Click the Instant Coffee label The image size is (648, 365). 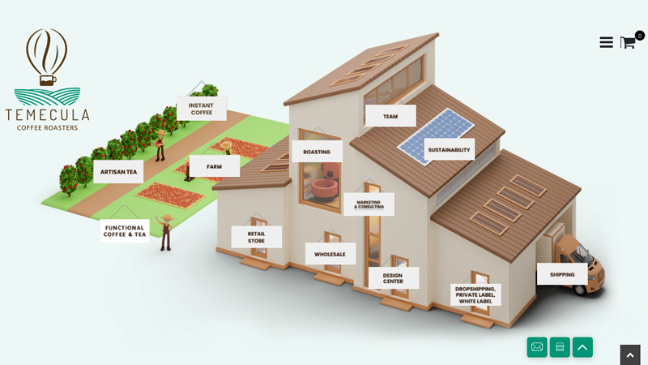point(201,109)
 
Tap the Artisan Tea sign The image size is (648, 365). point(118,172)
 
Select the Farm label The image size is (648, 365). point(214,166)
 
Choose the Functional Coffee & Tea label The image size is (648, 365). point(125,231)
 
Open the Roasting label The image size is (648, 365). point(317,152)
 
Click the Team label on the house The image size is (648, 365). point(390,116)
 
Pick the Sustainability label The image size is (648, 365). point(450,149)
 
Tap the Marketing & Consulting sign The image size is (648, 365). point(369,204)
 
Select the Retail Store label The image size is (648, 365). point(256,237)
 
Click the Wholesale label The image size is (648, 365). point(330,254)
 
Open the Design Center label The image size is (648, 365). point(393,277)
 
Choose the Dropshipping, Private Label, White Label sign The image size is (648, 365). point(475,294)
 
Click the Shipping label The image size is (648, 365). point(562,274)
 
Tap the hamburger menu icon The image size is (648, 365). point(606,42)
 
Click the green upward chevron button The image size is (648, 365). point(582,347)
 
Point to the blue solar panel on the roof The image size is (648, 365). point(436,136)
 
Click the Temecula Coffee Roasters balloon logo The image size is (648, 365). point(47,79)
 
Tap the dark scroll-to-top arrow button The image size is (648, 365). point(630,355)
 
